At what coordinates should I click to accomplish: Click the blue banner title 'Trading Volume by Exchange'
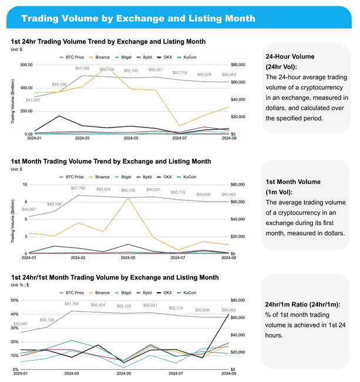click(x=138, y=18)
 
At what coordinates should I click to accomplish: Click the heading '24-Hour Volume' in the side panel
click(x=290, y=56)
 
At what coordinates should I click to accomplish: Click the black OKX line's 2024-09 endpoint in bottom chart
click(x=228, y=314)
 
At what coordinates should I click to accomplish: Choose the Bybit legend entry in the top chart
click(x=149, y=58)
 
